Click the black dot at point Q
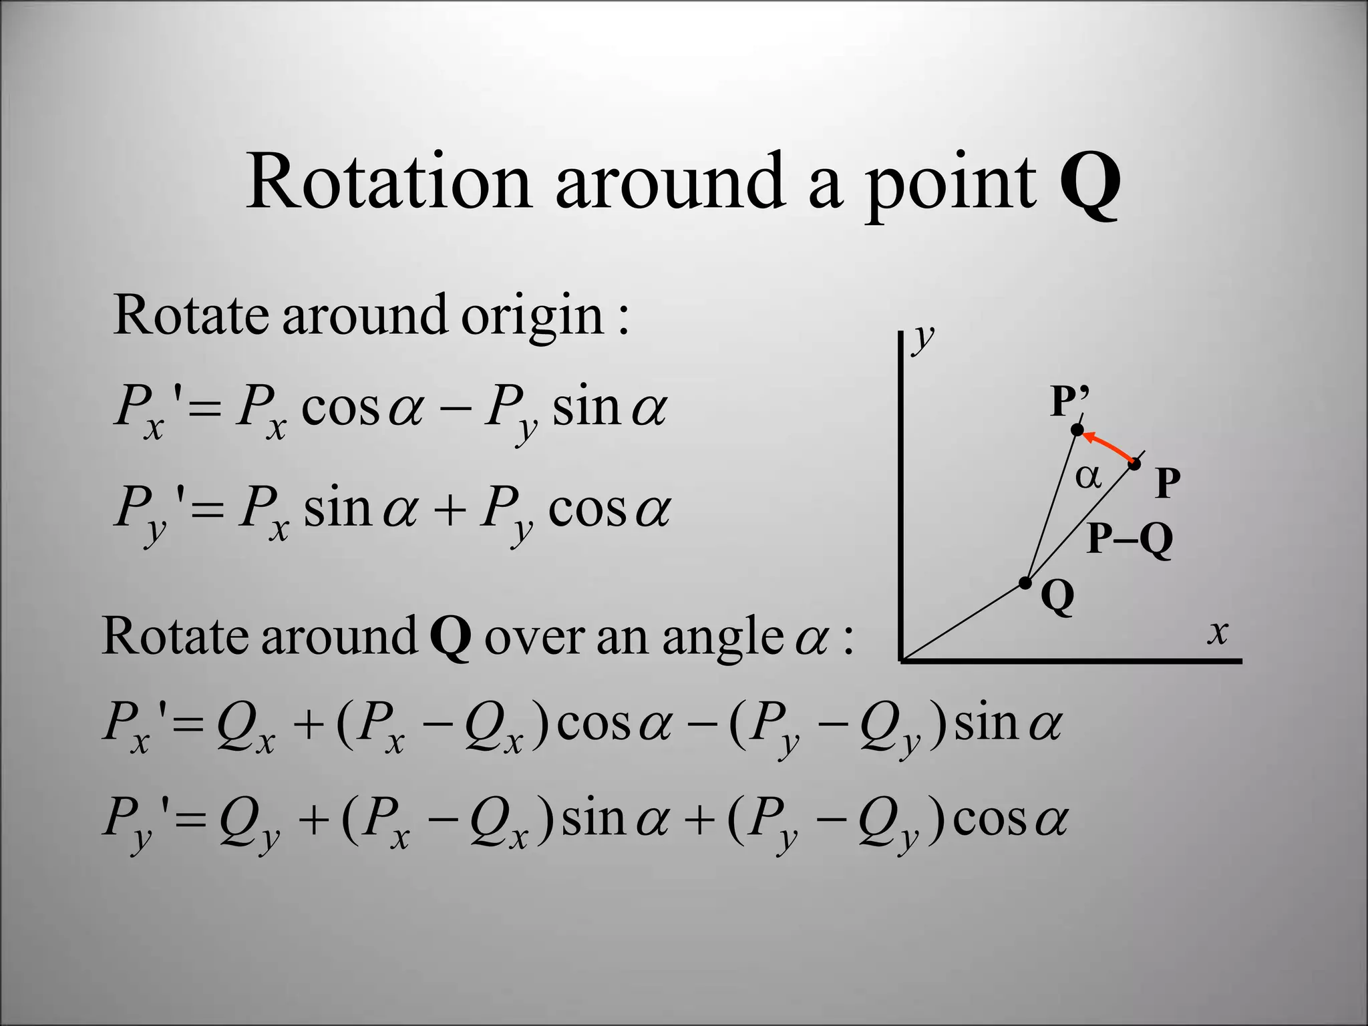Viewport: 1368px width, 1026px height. pyautogui.click(x=1025, y=583)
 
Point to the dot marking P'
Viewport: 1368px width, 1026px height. pyautogui.click(x=1077, y=430)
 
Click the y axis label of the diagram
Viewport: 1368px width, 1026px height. pyautogui.click(x=924, y=338)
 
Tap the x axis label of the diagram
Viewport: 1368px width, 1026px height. pyautogui.click(x=1218, y=631)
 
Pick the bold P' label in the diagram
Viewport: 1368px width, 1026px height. pyautogui.click(x=1070, y=401)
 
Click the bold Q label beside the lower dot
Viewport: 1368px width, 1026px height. pyautogui.click(x=1058, y=596)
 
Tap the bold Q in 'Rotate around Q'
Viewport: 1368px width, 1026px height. pyautogui.click(x=450, y=638)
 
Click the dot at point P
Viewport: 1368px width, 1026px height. pyautogui.click(x=1134, y=464)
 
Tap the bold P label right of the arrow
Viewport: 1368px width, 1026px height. pyautogui.click(x=1168, y=482)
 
